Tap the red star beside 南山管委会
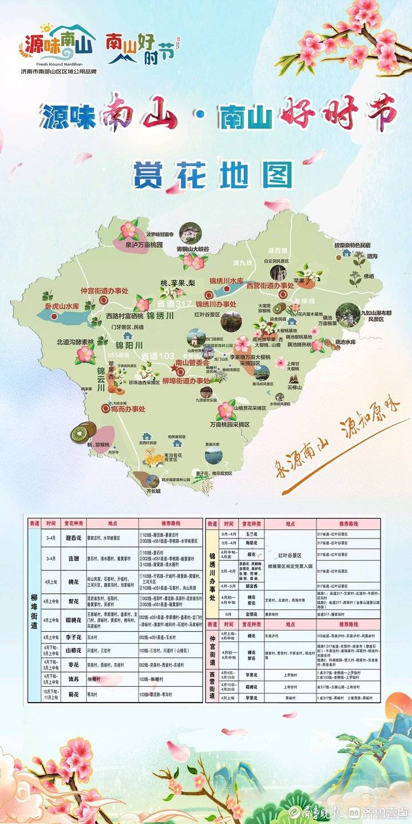click(172, 365)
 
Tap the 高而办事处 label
click(128, 409)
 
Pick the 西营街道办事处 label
click(270, 285)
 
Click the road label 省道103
click(158, 356)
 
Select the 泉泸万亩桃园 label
click(141, 245)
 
